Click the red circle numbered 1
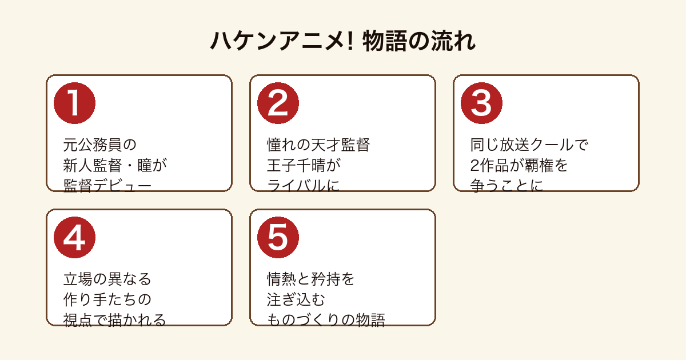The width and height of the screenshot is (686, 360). click(74, 103)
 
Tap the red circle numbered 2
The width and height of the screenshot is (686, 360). click(278, 103)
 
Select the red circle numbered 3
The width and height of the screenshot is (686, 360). click(481, 103)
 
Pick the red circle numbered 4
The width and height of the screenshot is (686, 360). click(74, 238)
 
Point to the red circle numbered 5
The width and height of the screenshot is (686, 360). click(278, 238)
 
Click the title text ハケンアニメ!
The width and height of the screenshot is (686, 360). click(282, 41)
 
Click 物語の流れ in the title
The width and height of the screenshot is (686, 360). click(419, 41)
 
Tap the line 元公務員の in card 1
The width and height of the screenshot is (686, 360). click(99, 145)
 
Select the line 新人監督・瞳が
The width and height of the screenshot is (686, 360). click(115, 165)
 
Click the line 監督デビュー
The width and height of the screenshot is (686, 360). click(107, 186)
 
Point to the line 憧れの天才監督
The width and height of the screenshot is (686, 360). click(318, 145)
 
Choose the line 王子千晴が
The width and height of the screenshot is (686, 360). click(304, 165)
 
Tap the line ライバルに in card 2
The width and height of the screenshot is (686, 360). click(303, 186)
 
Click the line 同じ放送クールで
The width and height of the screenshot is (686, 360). click(529, 145)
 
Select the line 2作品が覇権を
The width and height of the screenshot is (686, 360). click(519, 165)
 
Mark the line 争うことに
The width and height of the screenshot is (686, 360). click(506, 186)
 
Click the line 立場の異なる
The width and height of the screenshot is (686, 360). click(107, 279)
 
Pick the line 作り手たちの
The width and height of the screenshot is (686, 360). click(107, 299)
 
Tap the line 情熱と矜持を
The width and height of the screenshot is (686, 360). click(310, 279)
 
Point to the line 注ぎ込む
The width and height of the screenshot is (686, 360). click(296, 299)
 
